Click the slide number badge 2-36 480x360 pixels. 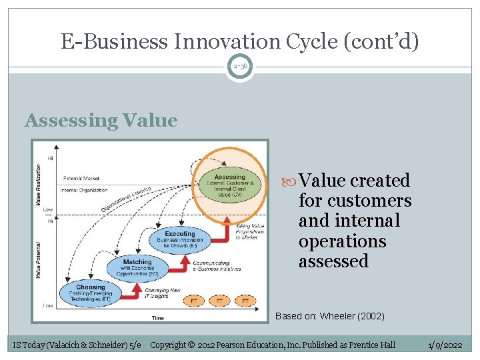coord(239,67)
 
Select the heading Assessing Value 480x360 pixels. coord(101,121)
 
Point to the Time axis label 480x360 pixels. coord(157,318)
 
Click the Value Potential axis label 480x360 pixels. coord(39,259)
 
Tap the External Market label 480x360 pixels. coord(82,179)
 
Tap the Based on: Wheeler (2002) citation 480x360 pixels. coord(330,316)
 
